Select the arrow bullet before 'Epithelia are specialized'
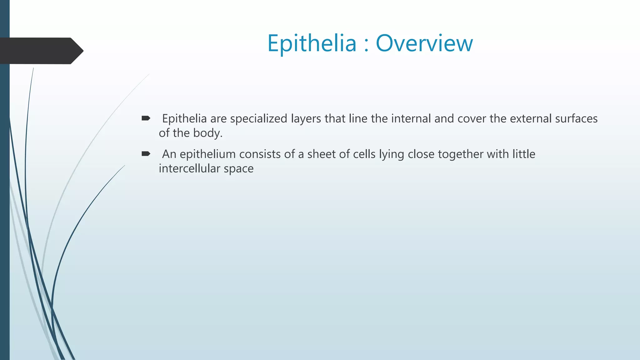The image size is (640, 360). (x=146, y=118)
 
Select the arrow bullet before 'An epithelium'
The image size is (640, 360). (x=146, y=153)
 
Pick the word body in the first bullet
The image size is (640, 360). (x=207, y=133)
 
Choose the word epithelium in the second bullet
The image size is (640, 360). (x=207, y=154)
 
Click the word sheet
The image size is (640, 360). (x=322, y=154)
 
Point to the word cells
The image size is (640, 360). (x=364, y=154)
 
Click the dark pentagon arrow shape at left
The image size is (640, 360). (x=41, y=51)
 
